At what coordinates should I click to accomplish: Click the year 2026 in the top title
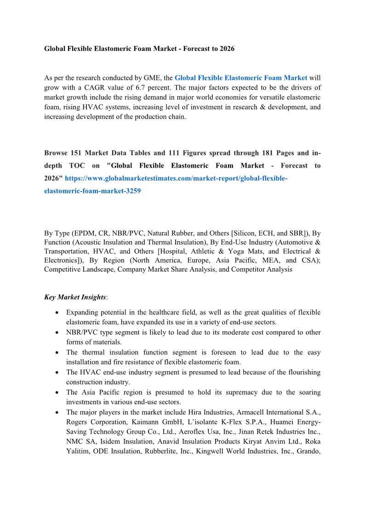point(227,48)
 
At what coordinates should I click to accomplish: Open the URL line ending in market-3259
point(92,191)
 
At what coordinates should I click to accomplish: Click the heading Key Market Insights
point(74,297)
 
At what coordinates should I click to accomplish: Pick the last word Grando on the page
point(309,451)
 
